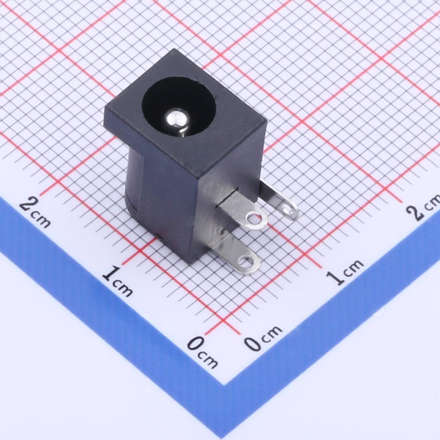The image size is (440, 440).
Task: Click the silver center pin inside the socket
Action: (176, 119)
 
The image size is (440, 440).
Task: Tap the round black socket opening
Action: (179, 107)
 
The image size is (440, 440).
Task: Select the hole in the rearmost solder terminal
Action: (286, 208)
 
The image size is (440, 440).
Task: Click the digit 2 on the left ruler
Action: (29, 204)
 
